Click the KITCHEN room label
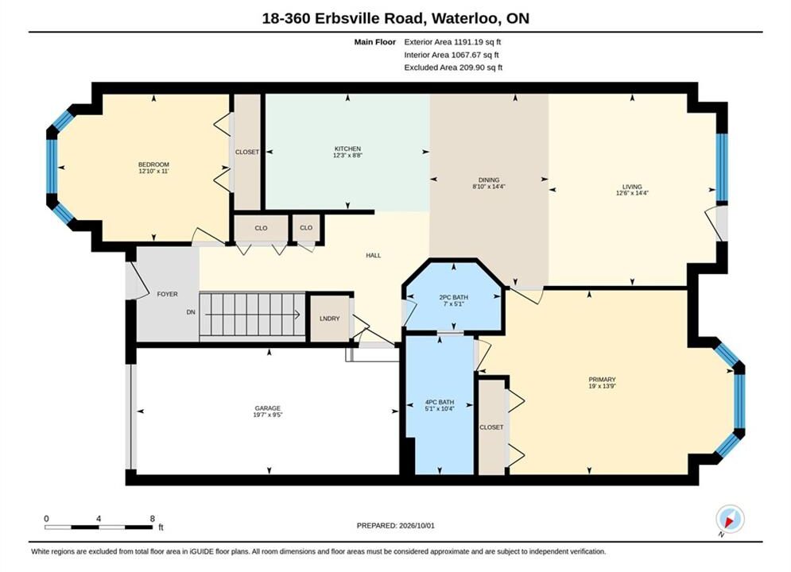tap(347, 149)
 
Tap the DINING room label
tap(489, 180)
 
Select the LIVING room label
tap(631, 187)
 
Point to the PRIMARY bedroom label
tap(602, 380)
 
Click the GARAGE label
tap(267, 408)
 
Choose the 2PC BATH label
tap(453, 297)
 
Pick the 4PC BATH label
tap(440, 402)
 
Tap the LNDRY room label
tap(329, 319)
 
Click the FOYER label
tap(167, 294)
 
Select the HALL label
tap(374, 256)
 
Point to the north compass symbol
tap(730, 519)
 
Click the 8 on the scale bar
tap(153, 519)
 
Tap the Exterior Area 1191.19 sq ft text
tap(452, 42)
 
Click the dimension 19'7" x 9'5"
tap(267, 415)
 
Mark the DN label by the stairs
tap(191, 312)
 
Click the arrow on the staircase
tap(252, 315)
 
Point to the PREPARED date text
tap(396, 526)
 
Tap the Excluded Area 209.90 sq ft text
tap(453, 68)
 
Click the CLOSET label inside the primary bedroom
tap(491, 427)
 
